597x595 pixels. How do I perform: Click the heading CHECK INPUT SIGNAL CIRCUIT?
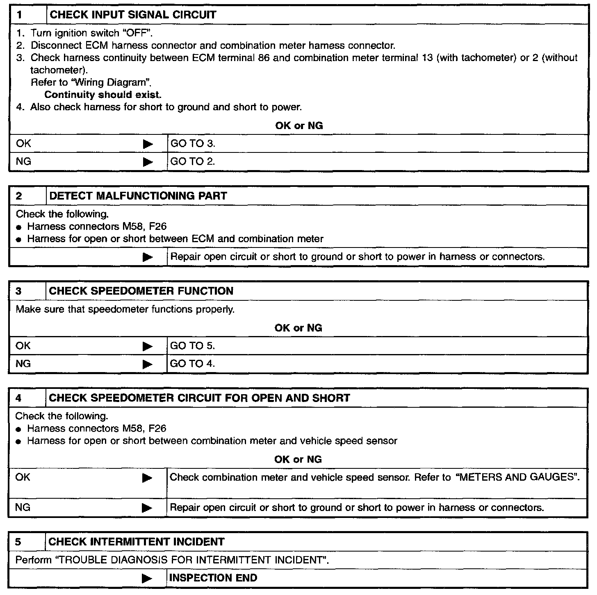(132, 15)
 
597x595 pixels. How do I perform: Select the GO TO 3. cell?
(193, 144)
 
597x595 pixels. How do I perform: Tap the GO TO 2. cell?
(193, 162)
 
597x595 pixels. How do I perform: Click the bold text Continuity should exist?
(103, 95)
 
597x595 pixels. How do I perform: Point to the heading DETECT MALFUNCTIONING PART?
(138, 196)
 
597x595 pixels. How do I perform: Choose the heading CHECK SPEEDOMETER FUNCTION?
(141, 291)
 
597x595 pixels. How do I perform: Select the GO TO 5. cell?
(192, 346)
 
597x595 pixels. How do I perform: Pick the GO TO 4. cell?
(192, 364)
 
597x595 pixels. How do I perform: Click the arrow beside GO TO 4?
(148, 364)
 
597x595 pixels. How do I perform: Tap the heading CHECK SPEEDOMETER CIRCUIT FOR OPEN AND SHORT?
(199, 398)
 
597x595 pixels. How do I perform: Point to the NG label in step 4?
(23, 508)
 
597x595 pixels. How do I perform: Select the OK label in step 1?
(23, 144)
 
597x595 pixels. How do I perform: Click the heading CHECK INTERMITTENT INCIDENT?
(137, 542)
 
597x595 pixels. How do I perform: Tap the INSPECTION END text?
(213, 578)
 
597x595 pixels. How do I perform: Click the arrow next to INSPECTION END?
(147, 578)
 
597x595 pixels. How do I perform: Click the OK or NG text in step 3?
(298, 328)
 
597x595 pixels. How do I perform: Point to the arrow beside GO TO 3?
(148, 144)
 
